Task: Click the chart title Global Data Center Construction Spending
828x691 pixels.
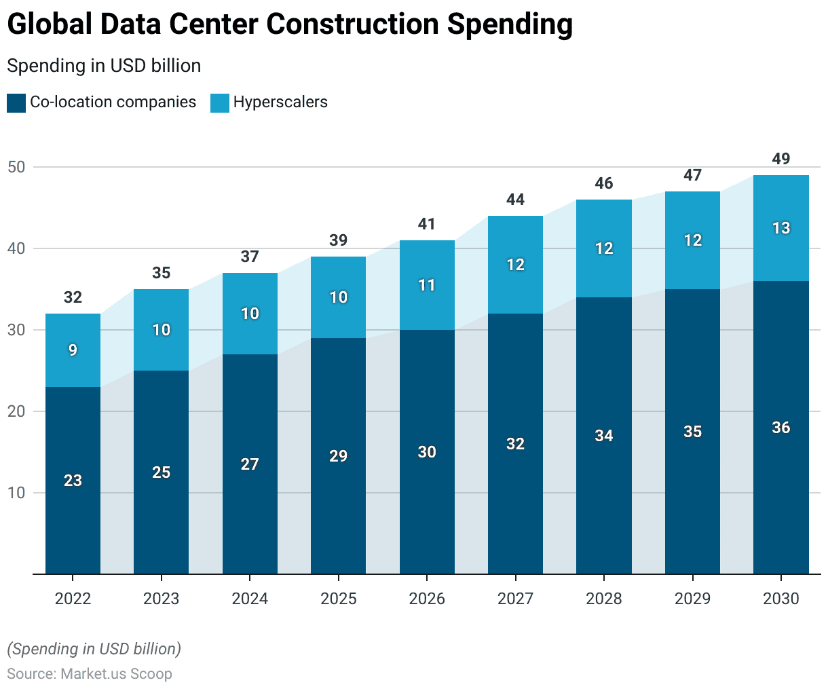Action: tap(290, 24)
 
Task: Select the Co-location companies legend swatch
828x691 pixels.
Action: tap(16, 102)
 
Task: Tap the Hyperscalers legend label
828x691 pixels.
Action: tap(280, 102)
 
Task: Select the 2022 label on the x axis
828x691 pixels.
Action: tap(73, 599)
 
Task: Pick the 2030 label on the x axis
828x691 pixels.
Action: tap(780, 599)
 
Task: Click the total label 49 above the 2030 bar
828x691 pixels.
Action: tap(780, 159)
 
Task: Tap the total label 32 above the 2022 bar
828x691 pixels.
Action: tap(73, 297)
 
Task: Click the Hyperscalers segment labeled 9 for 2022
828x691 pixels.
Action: tap(73, 350)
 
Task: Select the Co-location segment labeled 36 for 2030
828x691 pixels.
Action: tap(780, 428)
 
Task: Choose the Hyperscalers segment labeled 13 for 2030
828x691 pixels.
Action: tap(780, 228)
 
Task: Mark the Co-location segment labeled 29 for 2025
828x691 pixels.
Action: tap(338, 456)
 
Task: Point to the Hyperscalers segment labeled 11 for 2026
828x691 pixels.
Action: tap(427, 285)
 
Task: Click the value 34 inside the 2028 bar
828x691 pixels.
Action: tap(603, 436)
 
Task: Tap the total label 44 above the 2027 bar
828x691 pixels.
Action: tap(515, 200)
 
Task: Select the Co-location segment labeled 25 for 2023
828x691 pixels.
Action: tap(161, 472)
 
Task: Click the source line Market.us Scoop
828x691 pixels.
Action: tap(90, 674)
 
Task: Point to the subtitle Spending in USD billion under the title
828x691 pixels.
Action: tap(104, 66)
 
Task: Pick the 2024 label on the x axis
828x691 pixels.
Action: tap(250, 599)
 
